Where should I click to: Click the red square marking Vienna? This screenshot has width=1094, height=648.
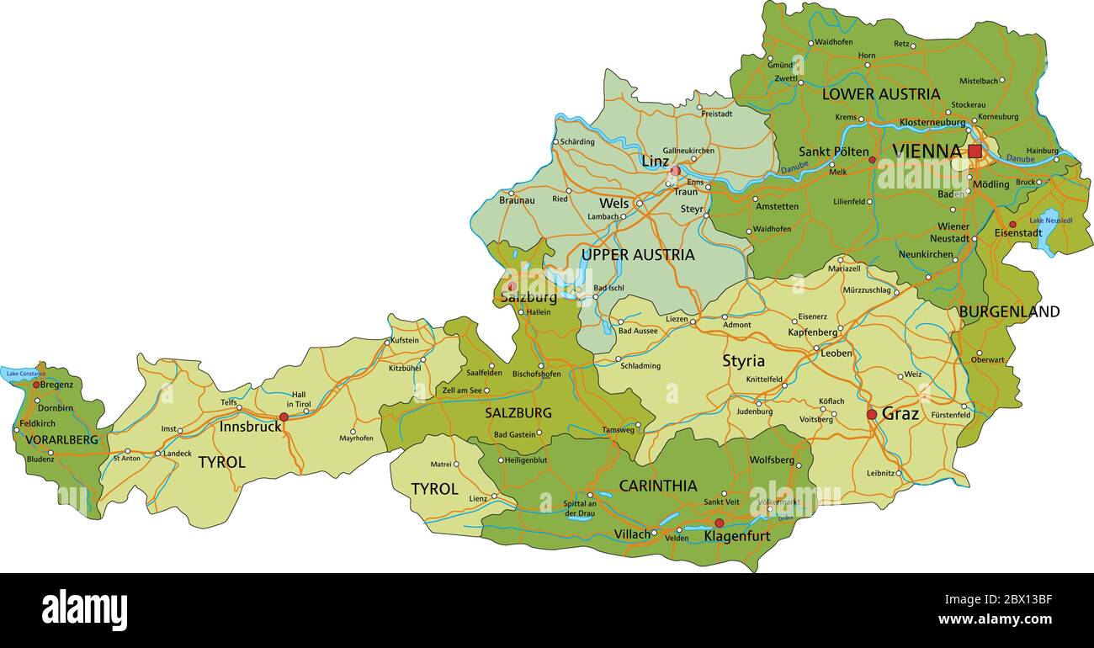(975, 151)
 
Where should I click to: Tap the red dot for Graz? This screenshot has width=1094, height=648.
(872, 414)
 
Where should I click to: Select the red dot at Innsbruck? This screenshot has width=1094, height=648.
(284, 417)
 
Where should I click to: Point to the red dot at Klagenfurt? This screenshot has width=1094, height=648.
(719, 523)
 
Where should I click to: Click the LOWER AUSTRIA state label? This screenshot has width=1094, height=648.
(880, 94)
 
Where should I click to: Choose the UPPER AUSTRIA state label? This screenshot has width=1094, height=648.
(638, 254)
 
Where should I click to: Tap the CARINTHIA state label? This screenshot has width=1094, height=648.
(657, 486)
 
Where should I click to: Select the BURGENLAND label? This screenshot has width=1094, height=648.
(1009, 311)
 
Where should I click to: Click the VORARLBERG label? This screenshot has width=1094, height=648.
(61, 439)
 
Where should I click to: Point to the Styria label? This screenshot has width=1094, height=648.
(743, 361)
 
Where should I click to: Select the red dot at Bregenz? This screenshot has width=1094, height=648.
(36, 385)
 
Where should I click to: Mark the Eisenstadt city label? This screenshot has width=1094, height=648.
(1017, 233)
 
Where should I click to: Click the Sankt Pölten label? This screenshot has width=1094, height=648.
(833, 152)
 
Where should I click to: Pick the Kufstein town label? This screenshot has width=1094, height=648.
(404, 341)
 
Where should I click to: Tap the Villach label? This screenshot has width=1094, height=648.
(632, 534)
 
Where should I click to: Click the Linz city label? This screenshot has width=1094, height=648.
(655, 161)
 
